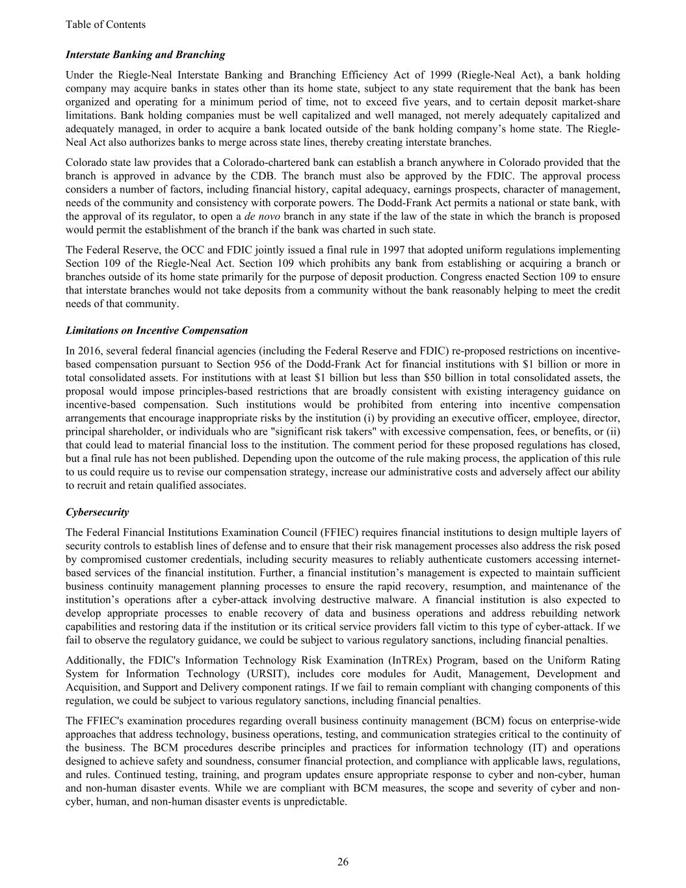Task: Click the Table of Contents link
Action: (105, 25)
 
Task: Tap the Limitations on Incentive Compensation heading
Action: (157, 330)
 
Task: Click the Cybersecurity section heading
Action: (97, 512)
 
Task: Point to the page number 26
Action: (343, 862)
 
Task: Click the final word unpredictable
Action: (317, 801)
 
